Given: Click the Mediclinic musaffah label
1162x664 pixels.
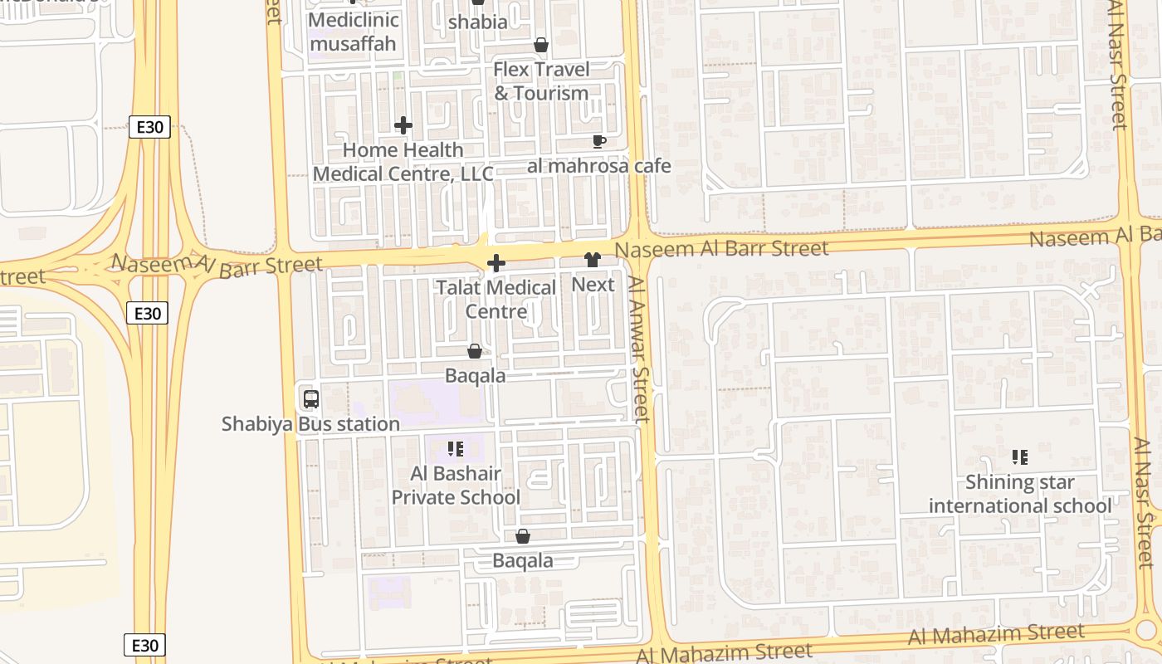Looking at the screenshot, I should pos(354,32).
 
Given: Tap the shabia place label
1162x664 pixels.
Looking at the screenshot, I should pos(477,22).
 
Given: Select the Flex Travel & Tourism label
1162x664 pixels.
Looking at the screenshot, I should pos(541,81).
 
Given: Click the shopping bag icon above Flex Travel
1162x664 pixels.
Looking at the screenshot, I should pos(541,45).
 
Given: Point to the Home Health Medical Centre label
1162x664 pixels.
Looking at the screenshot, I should pos(403,162).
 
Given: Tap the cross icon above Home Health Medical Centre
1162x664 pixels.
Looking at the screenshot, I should pos(403,125).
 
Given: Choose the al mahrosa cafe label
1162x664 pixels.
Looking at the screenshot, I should pos(599,166).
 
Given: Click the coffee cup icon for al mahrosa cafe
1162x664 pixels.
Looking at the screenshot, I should pos(599,142).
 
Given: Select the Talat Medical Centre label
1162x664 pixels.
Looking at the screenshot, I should pos(496,300).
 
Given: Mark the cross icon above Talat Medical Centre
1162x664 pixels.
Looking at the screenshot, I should pos(496,264).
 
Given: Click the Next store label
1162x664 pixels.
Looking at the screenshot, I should pos(593,285).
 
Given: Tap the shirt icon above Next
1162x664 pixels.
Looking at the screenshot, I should pos(593,261).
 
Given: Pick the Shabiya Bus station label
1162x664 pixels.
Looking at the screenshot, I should pos(310,424).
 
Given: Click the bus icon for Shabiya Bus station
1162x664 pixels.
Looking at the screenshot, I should pos(311,399).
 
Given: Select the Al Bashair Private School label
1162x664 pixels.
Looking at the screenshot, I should pos(456,486).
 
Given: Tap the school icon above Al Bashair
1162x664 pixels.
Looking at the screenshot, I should pos(456,449).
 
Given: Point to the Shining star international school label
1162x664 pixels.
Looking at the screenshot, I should pos(1020,494).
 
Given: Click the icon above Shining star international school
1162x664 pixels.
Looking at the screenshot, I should pos(1020,456).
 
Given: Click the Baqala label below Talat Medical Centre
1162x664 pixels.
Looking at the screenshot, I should pos(476,376).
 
